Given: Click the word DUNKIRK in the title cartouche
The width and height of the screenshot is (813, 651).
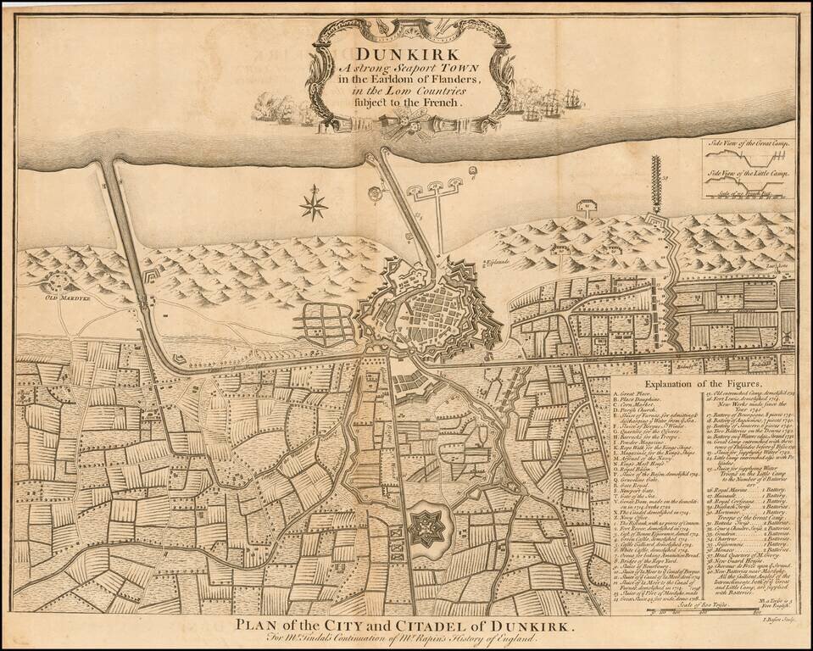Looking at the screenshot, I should click(396, 53).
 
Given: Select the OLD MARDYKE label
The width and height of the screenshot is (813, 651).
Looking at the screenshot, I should click(61, 298).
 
